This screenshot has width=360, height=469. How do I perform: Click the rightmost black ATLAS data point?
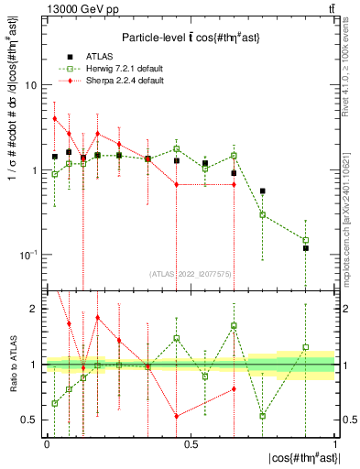[306, 248]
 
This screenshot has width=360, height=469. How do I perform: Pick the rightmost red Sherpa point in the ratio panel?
[235, 388]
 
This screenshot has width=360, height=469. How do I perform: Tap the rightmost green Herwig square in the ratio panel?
[306, 347]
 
